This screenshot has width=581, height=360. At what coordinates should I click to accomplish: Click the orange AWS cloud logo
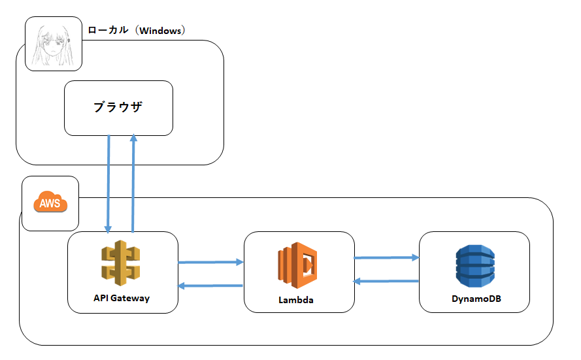50,203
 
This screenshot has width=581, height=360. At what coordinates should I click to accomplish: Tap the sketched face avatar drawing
53,44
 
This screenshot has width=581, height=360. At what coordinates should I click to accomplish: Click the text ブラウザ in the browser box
118,108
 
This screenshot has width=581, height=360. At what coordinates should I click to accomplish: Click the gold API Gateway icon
122,263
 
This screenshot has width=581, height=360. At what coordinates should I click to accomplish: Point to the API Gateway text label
122,298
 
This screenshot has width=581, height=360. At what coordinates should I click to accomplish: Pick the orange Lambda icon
298,265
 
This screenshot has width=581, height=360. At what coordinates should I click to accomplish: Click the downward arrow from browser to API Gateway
108,183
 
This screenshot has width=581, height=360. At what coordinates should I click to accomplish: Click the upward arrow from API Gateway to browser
133,183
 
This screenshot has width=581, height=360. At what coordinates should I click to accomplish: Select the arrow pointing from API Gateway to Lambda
210,262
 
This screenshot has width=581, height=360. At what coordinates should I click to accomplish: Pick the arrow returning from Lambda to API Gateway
210,286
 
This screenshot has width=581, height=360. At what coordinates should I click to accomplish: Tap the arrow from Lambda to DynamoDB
386,257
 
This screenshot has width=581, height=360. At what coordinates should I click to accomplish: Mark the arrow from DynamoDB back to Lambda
386,281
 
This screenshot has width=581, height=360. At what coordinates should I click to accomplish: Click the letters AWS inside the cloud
50,204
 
